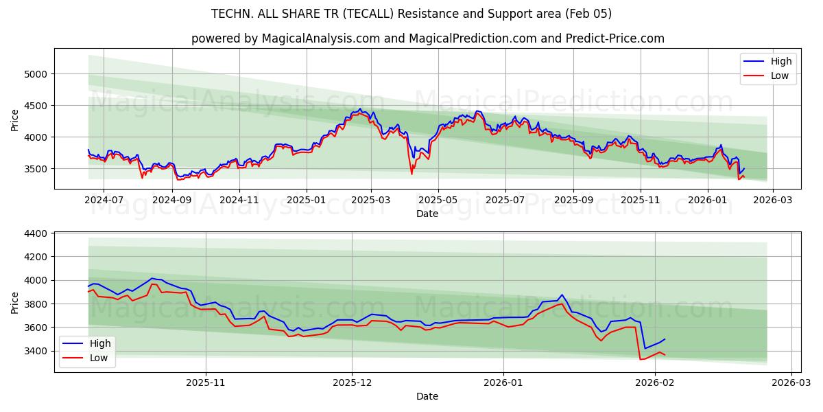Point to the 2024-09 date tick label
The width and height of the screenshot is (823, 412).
point(173,200)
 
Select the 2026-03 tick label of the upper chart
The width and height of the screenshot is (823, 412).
point(772,200)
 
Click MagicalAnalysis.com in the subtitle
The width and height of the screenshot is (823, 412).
point(320,38)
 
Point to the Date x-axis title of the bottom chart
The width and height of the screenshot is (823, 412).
point(427,396)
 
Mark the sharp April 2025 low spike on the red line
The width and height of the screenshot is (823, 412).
point(411,173)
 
